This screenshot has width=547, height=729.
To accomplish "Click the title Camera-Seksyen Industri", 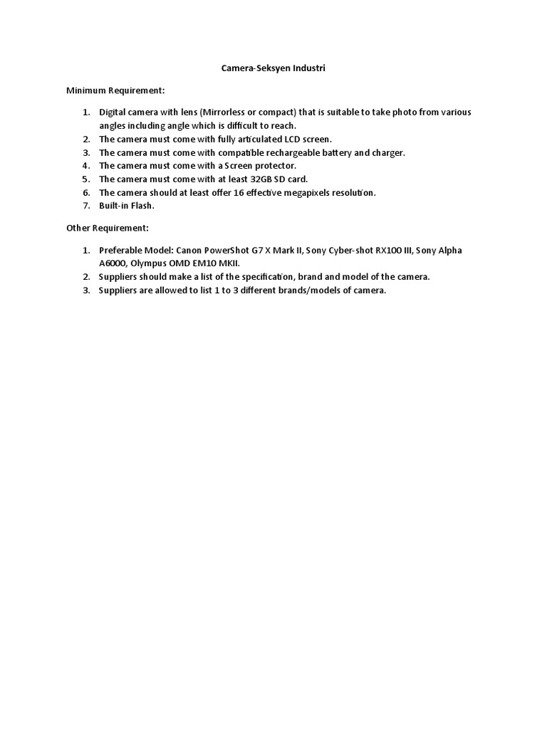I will click(x=273, y=69).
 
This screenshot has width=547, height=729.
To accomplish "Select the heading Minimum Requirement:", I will click(x=115, y=91).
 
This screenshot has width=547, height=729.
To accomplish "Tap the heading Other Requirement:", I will click(x=107, y=229).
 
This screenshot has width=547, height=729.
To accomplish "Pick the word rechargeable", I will click(x=281, y=153).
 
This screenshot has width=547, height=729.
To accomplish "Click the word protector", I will click(x=271, y=166).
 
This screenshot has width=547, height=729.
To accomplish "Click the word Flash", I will click(x=141, y=206).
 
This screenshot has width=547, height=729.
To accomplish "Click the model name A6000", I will click(x=113, y=263).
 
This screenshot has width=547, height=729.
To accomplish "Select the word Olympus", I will click(x=151, y=263).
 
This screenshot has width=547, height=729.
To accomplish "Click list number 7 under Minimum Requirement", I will click(x=85, y=206).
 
